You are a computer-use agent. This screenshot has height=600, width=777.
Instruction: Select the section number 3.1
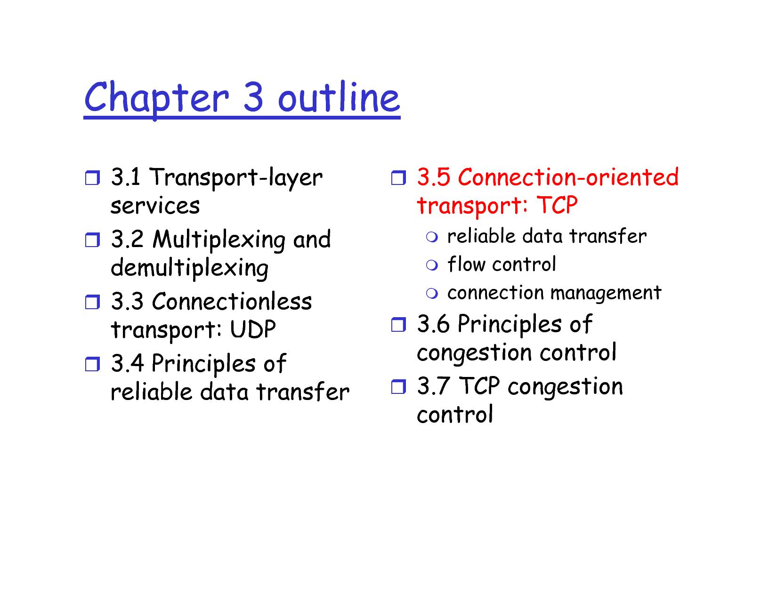coord(125,177)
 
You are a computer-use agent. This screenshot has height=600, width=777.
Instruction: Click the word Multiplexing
coord(219,240)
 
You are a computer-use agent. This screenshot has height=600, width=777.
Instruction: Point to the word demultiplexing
coord(189,268)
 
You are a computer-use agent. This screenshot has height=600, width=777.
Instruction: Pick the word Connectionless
coord(232,301)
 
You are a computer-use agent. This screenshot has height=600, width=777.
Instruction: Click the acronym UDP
coord(252,329)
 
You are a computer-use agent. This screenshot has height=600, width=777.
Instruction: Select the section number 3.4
coord(127,363)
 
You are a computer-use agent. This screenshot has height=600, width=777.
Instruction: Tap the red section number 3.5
coord(433,177)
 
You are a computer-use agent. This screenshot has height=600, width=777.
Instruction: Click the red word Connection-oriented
coord(568,177)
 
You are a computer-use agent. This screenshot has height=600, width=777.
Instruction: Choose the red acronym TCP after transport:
coord(557,205)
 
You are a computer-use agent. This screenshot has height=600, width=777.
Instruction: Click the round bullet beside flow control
coord(432,265)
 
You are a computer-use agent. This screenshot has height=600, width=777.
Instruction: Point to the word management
coord(606,293)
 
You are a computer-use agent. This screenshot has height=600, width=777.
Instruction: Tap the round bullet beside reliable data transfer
coord(432,237)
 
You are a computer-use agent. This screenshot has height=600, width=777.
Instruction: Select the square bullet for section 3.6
coord(398,325)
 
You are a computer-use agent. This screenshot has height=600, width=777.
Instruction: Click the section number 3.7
coord(433,386)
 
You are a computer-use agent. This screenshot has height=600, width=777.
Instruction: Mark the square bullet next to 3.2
coord(92,240)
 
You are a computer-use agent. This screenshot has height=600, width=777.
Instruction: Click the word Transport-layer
coord(236,177)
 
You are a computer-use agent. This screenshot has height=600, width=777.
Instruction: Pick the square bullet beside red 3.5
coord(398,177)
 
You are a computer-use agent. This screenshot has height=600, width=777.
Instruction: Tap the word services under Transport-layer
coord(155,206)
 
